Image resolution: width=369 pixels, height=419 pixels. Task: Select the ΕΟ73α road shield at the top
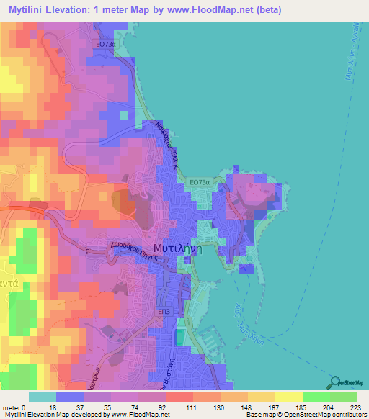pos(105,44)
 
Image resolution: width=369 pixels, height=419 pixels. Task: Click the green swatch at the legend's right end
pos(343,397)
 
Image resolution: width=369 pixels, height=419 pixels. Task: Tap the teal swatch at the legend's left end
pos(42,397)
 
